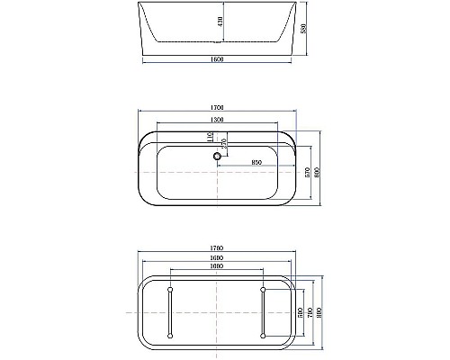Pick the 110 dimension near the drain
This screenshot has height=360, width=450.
point(209,138)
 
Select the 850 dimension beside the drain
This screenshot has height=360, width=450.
point(257,162)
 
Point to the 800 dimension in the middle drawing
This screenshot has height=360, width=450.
point(319,171)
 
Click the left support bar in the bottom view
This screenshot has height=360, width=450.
point(170,312)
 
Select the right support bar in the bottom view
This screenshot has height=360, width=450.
point(262,312)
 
